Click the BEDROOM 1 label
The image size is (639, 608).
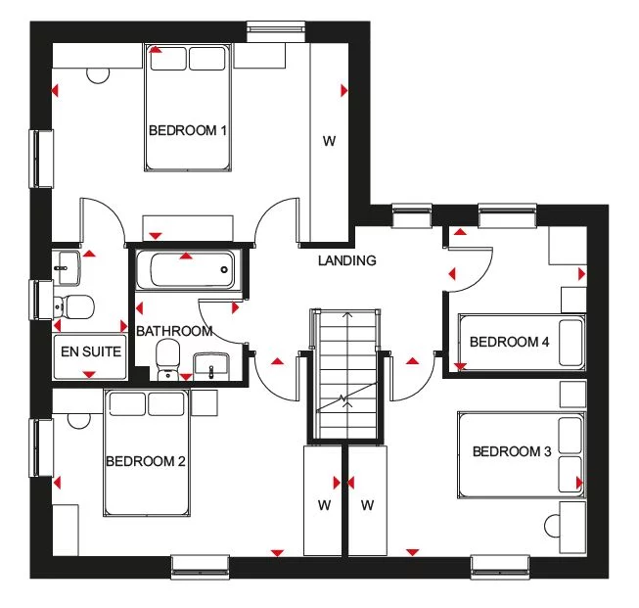click(x=188, y=130)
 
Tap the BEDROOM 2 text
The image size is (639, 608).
click(x=146, y=461)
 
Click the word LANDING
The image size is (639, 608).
click(x=346, y=260)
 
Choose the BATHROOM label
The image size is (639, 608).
click(x=174, y=331)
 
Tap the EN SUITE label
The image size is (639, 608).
click(x=89, y=350)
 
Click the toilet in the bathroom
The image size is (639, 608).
click(x=168, y=357)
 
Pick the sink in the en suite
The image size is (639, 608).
click(x=66, y=261)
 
